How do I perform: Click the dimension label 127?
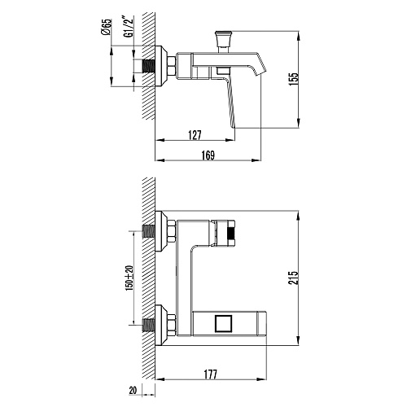[195, 135]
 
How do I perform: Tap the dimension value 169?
[208, 155]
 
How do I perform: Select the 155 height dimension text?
[293, 79]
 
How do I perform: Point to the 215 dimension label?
[293, 278]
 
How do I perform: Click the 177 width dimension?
[211, 374]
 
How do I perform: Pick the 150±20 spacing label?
[129, 278]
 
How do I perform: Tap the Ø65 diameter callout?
[106, 27]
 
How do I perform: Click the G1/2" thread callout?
[129, 27]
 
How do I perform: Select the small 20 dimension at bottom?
[133, 391]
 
